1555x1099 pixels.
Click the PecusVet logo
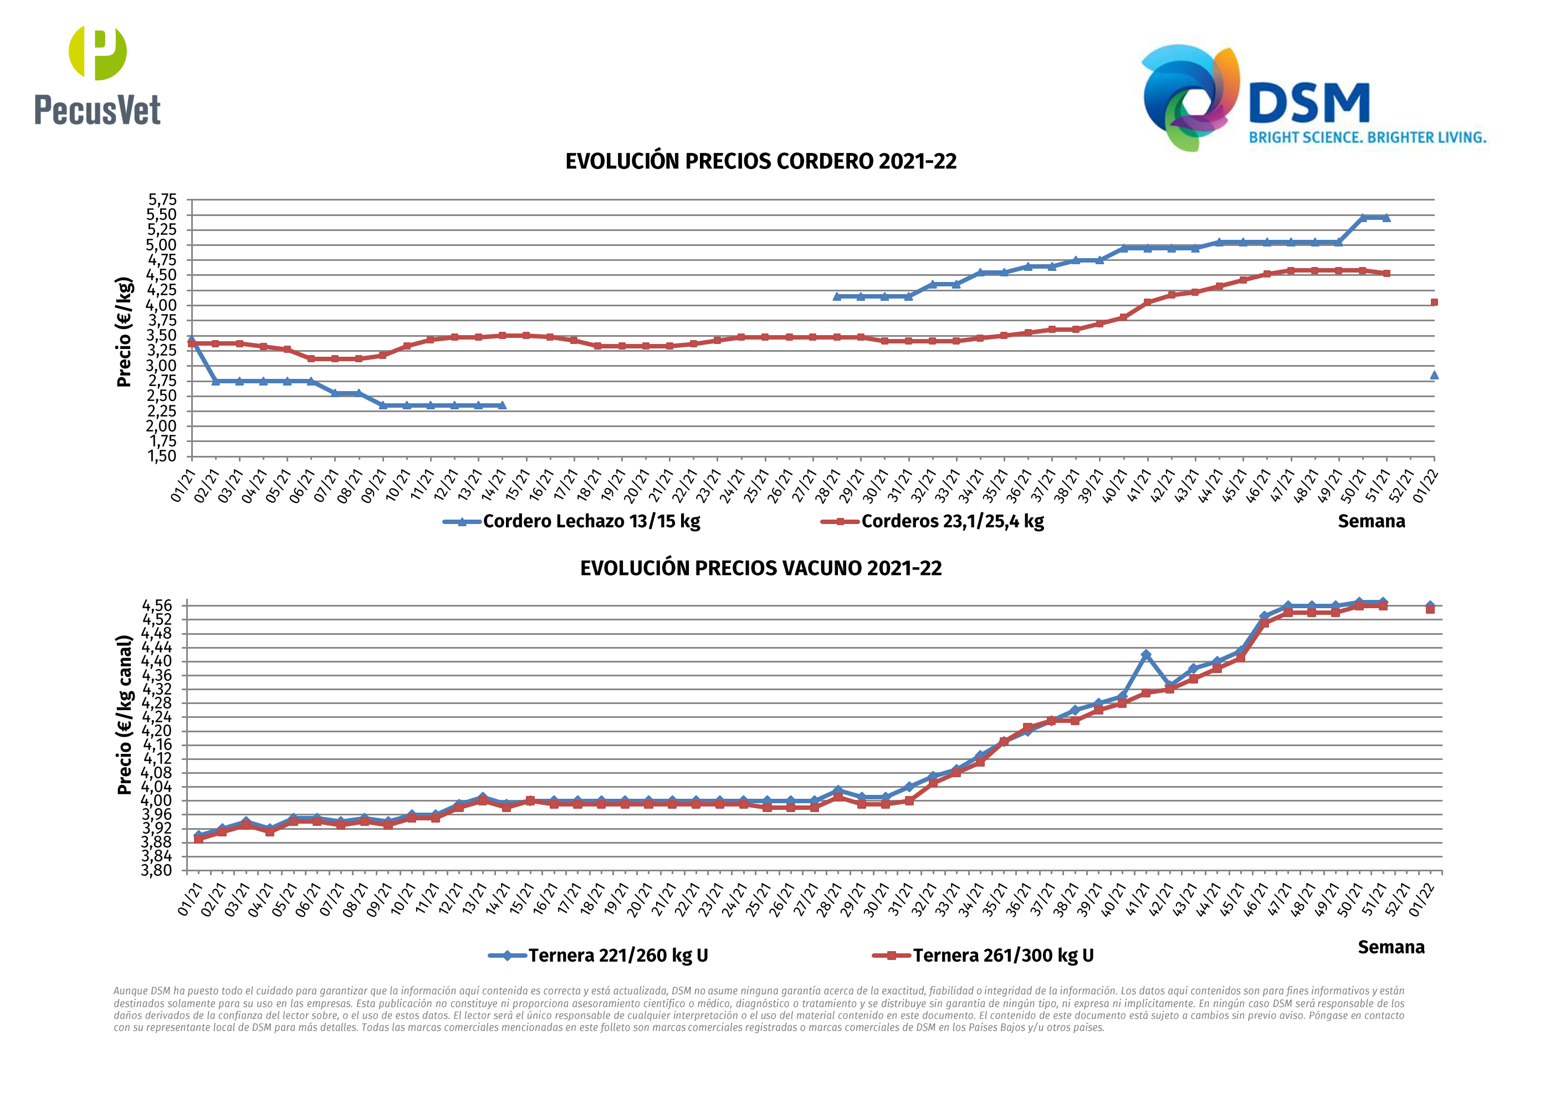coord(98,76)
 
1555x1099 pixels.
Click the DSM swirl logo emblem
coord(1190,97)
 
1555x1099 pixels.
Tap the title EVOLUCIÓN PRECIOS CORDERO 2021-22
coord(760,162)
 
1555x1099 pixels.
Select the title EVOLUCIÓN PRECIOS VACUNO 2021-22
coord(760,568)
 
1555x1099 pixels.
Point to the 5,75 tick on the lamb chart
coord(162,200)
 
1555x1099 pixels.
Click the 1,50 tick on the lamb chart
coord(162,456)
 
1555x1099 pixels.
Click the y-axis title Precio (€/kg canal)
coord(125,715)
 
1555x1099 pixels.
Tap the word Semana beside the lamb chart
coord(1371,521)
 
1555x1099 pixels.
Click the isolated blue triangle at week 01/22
coord(1434,375)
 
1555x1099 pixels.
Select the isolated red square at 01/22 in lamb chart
coord(1434,302)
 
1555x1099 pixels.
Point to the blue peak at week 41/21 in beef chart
coord(1145,655)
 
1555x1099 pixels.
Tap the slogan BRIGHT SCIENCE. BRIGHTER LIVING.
coord(1367,138)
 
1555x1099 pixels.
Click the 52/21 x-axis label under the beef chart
coord(1400,900)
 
